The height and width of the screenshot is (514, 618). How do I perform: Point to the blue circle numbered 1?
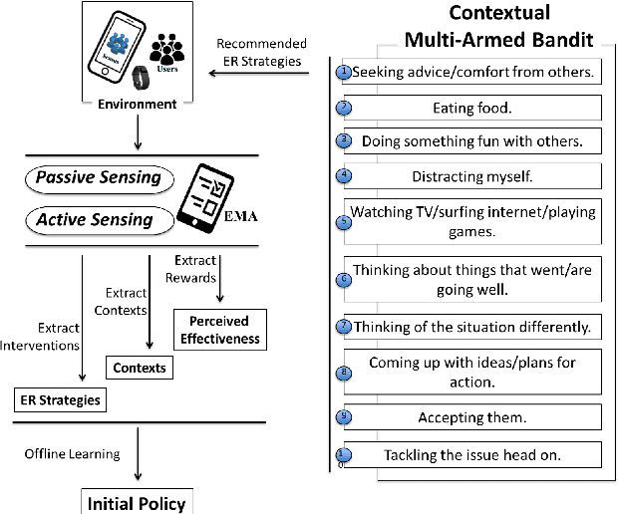click(344, 72)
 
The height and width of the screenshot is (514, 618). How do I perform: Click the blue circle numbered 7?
click(344, 325)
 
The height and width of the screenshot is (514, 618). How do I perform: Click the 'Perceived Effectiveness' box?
click(220, 329)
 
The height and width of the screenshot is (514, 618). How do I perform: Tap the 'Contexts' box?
click(139, 368)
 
